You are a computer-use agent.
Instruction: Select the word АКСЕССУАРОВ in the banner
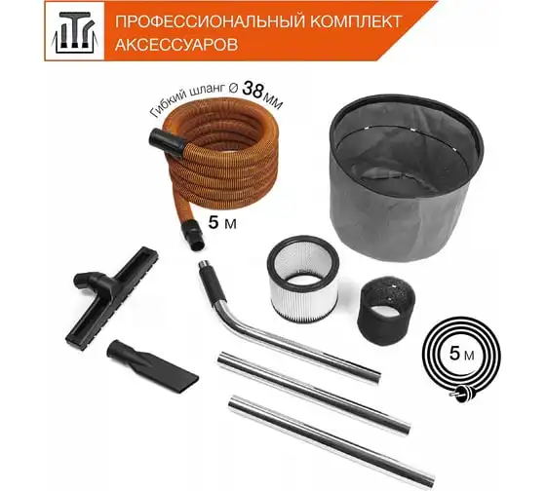coord(176,45)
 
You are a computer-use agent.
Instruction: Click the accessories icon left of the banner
coord(74,32)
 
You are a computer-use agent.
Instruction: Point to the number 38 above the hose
coord(252,90)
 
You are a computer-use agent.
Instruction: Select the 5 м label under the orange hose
coord(222,222)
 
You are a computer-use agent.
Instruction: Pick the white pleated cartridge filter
coord(302,279)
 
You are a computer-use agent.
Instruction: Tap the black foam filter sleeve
coord(386,310)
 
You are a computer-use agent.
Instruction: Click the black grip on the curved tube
coord(213,282)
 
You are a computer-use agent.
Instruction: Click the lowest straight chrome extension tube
coord(331,441)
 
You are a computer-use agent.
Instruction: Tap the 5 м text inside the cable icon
coord(461,354)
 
